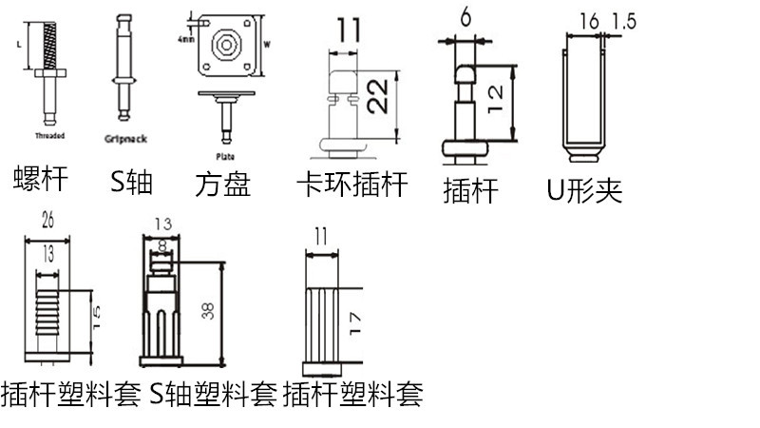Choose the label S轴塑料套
coord(213,393)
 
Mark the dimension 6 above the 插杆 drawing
coord(465,16)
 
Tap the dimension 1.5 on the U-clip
coord(625,19)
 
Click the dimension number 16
coord(590,19)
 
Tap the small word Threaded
coord(48,136)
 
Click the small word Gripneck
coord(124,139)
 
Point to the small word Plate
coord(225,156)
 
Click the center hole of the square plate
coord(227,44)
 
